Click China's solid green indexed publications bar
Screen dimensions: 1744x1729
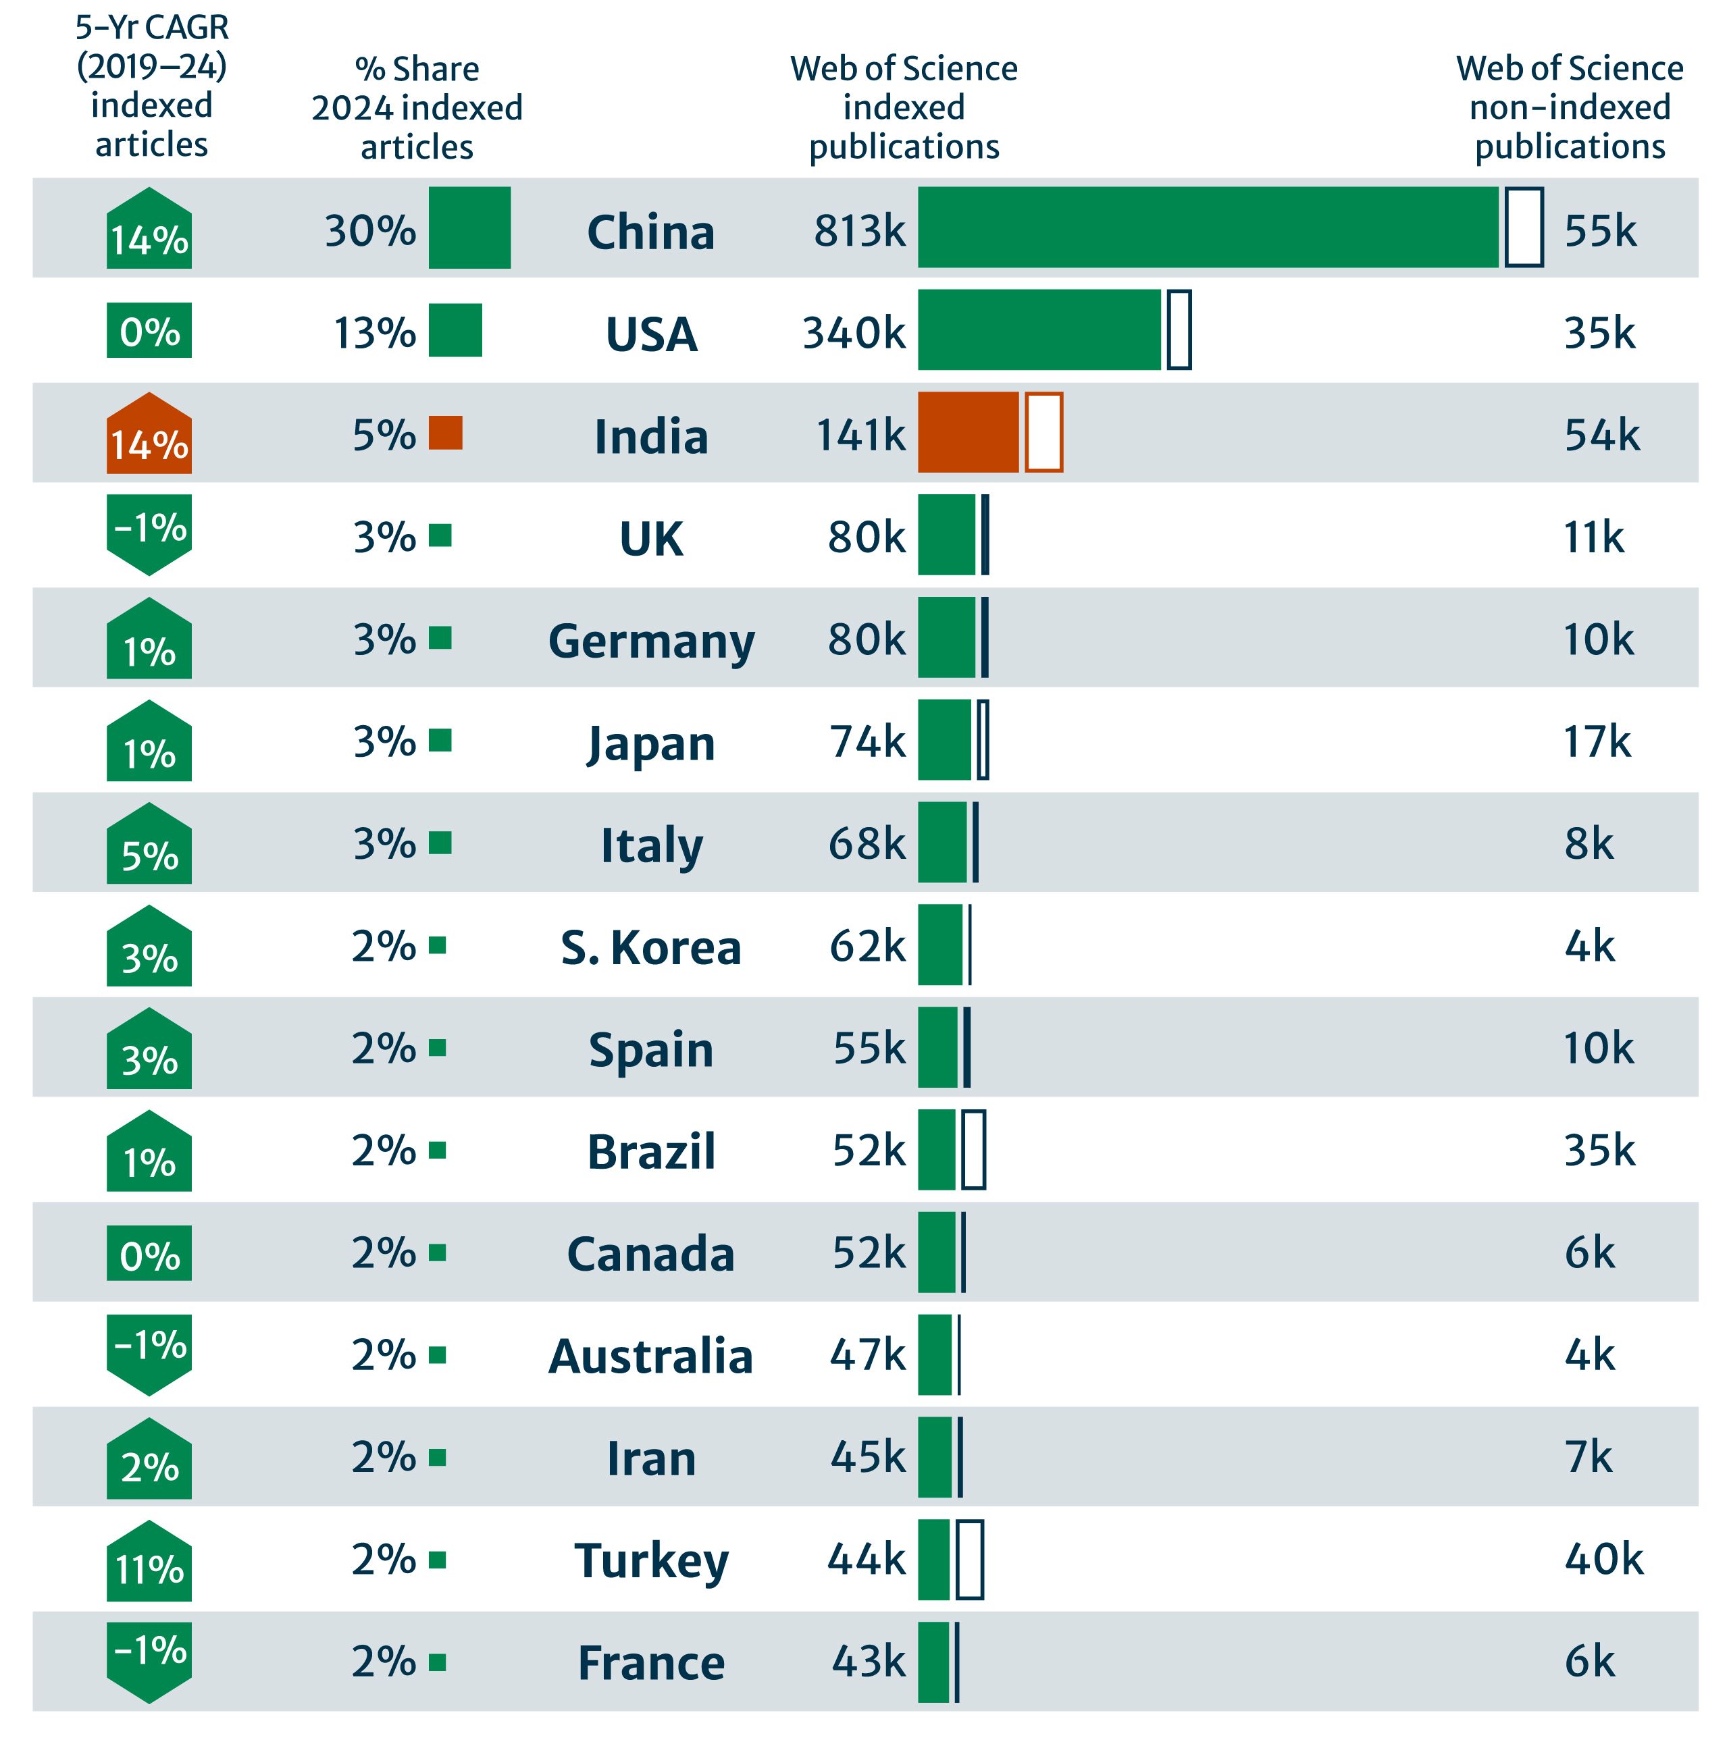tap(1207, 228)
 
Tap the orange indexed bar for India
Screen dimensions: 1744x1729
tap(967, 432)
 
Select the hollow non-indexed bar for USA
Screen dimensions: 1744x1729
tap(1179, 329)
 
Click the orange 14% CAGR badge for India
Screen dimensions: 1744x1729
tap(149, 435)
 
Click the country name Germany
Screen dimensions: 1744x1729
tap(651, 641)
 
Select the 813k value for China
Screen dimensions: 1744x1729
tap(858, 231)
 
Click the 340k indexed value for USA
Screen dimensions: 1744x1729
tap(853, 333)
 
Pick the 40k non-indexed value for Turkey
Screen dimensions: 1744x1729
tap(1603, 1560)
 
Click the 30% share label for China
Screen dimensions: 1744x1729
tap(370, 231)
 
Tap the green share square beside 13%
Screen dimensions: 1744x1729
tap(455, 330)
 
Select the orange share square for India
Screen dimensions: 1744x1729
tap(445, 432)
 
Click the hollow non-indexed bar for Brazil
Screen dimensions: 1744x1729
tap(973, 1149)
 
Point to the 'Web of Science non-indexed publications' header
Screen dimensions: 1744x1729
tap(1569, 107)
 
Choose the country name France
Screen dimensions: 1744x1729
tap(651, 1664)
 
